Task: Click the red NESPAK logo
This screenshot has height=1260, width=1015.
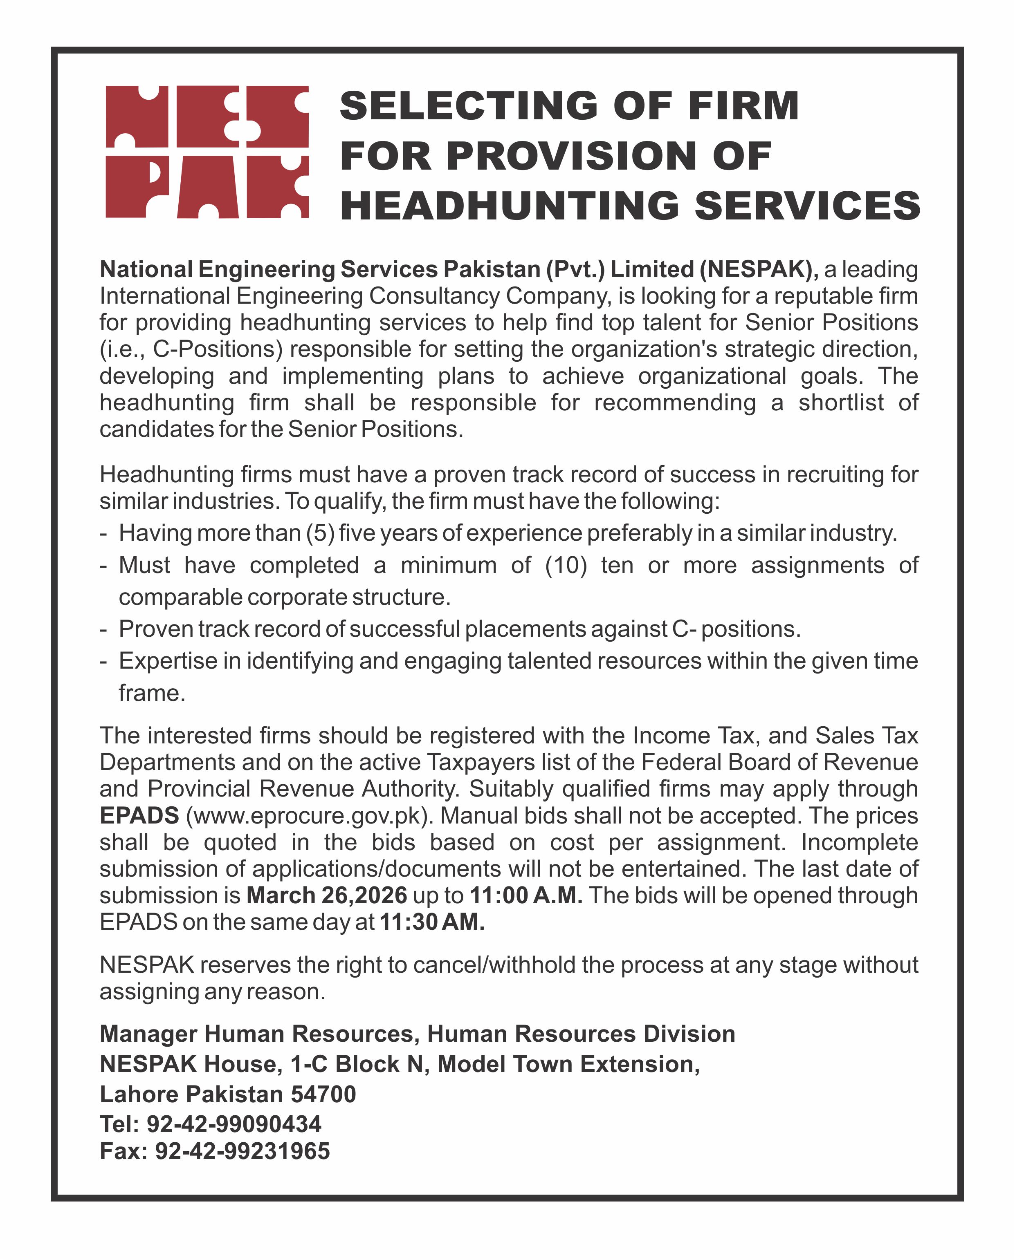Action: [207, 152]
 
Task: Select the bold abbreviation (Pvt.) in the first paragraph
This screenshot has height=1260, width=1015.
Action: [575, 269]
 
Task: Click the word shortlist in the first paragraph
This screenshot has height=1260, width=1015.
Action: [841, 403]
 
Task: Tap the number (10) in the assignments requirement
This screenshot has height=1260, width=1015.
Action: [566, 565]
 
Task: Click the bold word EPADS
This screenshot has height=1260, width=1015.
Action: [139, 815]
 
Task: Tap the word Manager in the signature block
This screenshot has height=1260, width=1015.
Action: [148, 1034]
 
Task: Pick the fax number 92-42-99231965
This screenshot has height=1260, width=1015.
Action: [242, 1151]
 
